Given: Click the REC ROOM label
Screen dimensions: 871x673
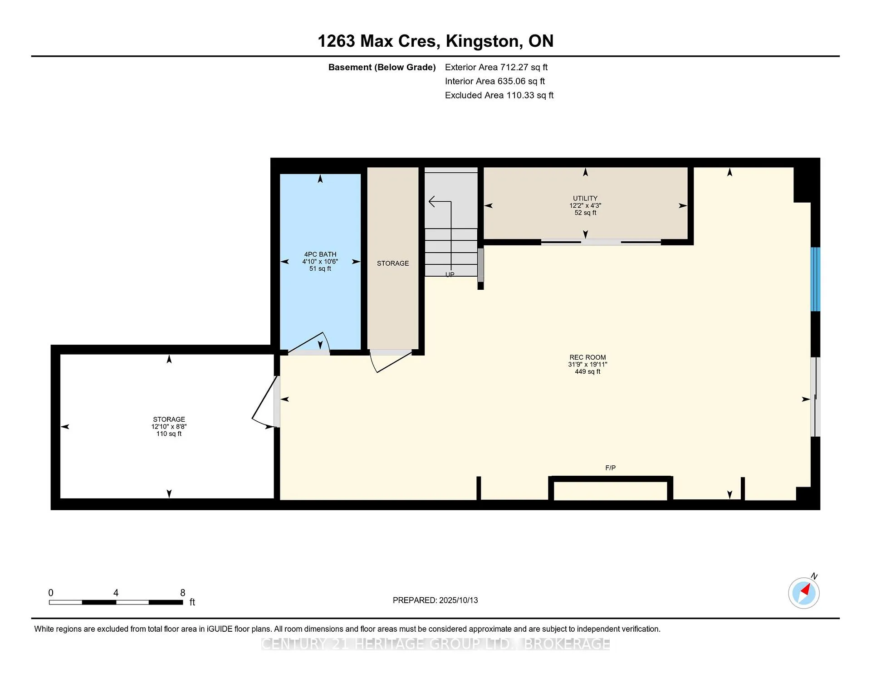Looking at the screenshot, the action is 587,357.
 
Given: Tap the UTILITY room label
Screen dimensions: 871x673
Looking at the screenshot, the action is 585,198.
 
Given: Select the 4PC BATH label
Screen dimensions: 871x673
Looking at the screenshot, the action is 320,254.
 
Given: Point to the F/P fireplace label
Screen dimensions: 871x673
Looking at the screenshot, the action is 610,468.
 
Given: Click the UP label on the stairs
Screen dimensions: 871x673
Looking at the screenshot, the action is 450,274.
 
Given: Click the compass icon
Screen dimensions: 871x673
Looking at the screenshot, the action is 804,592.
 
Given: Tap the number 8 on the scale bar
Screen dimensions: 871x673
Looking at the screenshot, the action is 183,593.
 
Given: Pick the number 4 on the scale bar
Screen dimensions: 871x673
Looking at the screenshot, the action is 116,593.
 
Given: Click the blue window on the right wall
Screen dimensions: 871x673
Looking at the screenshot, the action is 815,279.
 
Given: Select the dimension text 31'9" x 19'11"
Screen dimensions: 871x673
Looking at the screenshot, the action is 587,364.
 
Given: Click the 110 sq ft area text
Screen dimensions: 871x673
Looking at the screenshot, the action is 169,434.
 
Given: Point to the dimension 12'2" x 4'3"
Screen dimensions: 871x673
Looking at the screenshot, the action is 585,205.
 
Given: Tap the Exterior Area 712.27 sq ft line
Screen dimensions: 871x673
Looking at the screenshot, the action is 496,67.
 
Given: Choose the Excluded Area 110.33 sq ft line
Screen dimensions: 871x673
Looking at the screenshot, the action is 499,95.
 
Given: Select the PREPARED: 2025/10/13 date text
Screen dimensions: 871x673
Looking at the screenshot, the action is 435,600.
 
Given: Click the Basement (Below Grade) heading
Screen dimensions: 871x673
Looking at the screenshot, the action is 382,67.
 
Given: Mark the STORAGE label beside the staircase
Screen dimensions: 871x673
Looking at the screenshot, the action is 393,263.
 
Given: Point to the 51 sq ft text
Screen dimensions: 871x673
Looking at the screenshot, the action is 320,268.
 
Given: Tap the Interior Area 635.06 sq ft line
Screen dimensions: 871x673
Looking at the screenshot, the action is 495,81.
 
